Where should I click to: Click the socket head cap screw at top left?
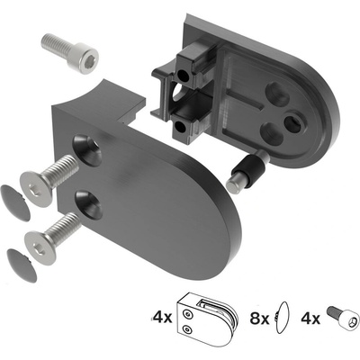[70, 51]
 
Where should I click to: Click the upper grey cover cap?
[15, 203]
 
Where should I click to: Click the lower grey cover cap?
[22, 265]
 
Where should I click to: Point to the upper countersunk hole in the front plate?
[88, 149]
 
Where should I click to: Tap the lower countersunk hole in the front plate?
[89, 203]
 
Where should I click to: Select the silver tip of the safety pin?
[233, 184]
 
